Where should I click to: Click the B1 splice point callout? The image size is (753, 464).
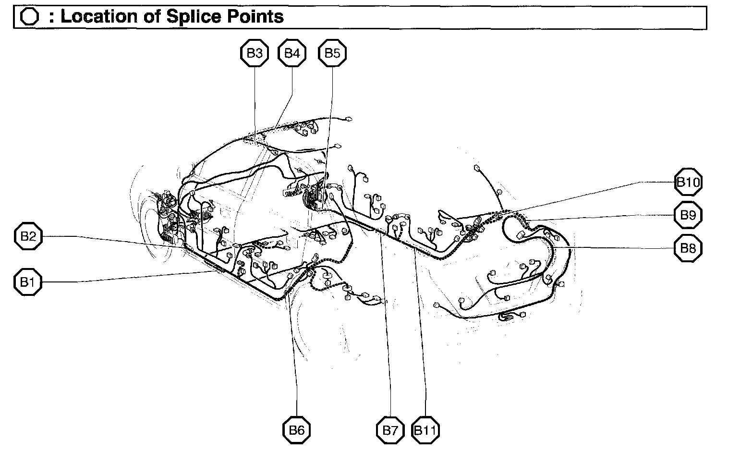(28, 282)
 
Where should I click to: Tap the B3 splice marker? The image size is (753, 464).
(255, 53)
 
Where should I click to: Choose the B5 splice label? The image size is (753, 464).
(332, 53)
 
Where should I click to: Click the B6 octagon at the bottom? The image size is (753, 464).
(297, 430)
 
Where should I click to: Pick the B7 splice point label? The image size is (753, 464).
(390, 430)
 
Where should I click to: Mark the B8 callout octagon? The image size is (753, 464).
(688, 248)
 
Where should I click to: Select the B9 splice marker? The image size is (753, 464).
(688, 215)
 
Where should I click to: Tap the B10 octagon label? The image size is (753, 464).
(688, 182)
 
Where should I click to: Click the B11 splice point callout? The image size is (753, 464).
(425, 430)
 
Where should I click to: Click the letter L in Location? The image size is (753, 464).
(66, 17)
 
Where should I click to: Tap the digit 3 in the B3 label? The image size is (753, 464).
(259, 53)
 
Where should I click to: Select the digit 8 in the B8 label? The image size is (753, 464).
(692, 248)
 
